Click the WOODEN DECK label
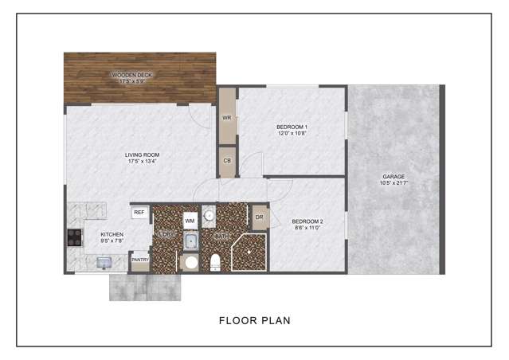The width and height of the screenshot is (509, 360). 132,75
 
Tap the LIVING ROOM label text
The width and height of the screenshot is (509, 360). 142,155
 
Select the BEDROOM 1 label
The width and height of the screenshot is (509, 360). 292,127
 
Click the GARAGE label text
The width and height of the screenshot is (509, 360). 393,177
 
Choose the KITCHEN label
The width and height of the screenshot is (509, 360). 112,234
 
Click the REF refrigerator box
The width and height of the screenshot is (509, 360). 139,212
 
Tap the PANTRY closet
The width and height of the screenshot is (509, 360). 139,260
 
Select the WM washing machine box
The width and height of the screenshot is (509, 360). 190,219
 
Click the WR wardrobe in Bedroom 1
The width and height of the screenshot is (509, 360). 227,118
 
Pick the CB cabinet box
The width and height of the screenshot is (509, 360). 227,161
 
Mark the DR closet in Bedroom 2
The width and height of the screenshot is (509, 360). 260,216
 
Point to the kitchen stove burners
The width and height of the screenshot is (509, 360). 74,237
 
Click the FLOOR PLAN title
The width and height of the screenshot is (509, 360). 254,321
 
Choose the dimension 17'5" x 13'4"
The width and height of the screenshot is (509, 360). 142,162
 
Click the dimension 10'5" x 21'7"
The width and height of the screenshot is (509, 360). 393,184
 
